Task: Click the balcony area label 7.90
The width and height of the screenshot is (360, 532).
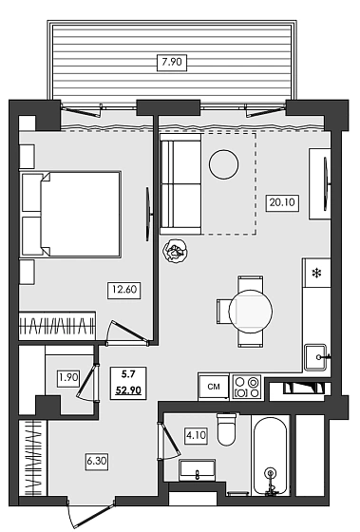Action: click(x=172, y=63)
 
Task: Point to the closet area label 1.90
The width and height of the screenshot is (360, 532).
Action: click(x=67, y=376)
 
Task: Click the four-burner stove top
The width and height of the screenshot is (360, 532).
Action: click(x=247, y=387)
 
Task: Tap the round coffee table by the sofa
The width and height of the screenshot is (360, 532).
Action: click(x=225, y=163)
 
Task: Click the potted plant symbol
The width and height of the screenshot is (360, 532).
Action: click(x=175, y=252)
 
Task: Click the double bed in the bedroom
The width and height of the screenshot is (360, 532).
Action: click(x=71, y=215)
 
